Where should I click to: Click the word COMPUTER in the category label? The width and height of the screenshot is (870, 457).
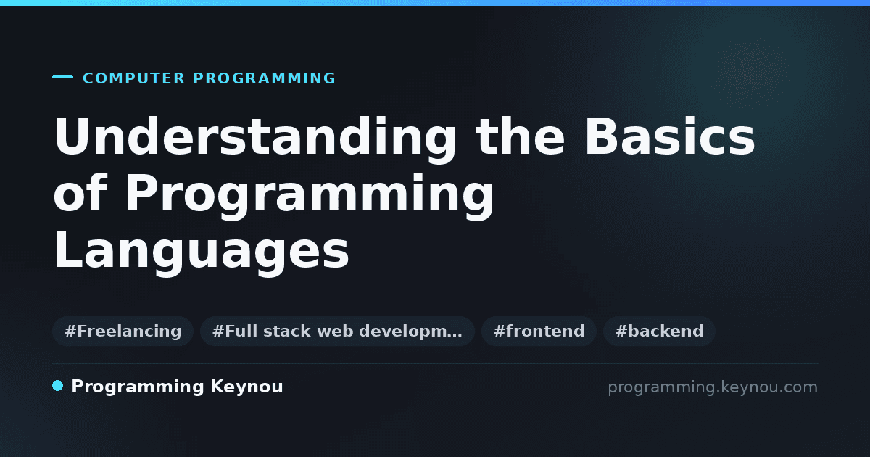(x=134, y=78)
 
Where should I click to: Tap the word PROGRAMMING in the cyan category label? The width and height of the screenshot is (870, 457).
(x=265, y=78)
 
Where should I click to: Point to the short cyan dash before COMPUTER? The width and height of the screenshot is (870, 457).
(x=62, y=77)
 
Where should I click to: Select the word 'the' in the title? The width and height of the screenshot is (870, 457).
(x=521, y=136)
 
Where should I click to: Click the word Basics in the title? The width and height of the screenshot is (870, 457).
(x=670, y=137)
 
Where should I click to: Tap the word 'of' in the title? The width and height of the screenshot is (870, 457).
(x=80, y=192)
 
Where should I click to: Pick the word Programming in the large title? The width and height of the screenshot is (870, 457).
(x=310, y=197)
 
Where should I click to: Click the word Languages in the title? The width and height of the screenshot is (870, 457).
(x=202, y=252)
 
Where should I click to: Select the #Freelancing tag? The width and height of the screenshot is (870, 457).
(x=123, y=331)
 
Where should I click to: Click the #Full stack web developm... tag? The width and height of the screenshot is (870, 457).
(x=337, y=331)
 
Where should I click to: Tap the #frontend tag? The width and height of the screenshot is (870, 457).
(x=539, y=331)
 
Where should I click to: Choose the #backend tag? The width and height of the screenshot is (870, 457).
(x=659, y=331)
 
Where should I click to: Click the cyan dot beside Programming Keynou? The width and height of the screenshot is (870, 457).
(x=57, y=386)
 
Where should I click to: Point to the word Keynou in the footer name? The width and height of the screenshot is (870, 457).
(x=246, y=387)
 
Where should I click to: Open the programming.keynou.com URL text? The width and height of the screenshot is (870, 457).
(x=713, y=388)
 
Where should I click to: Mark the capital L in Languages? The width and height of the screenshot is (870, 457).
(x=68, y=249)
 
